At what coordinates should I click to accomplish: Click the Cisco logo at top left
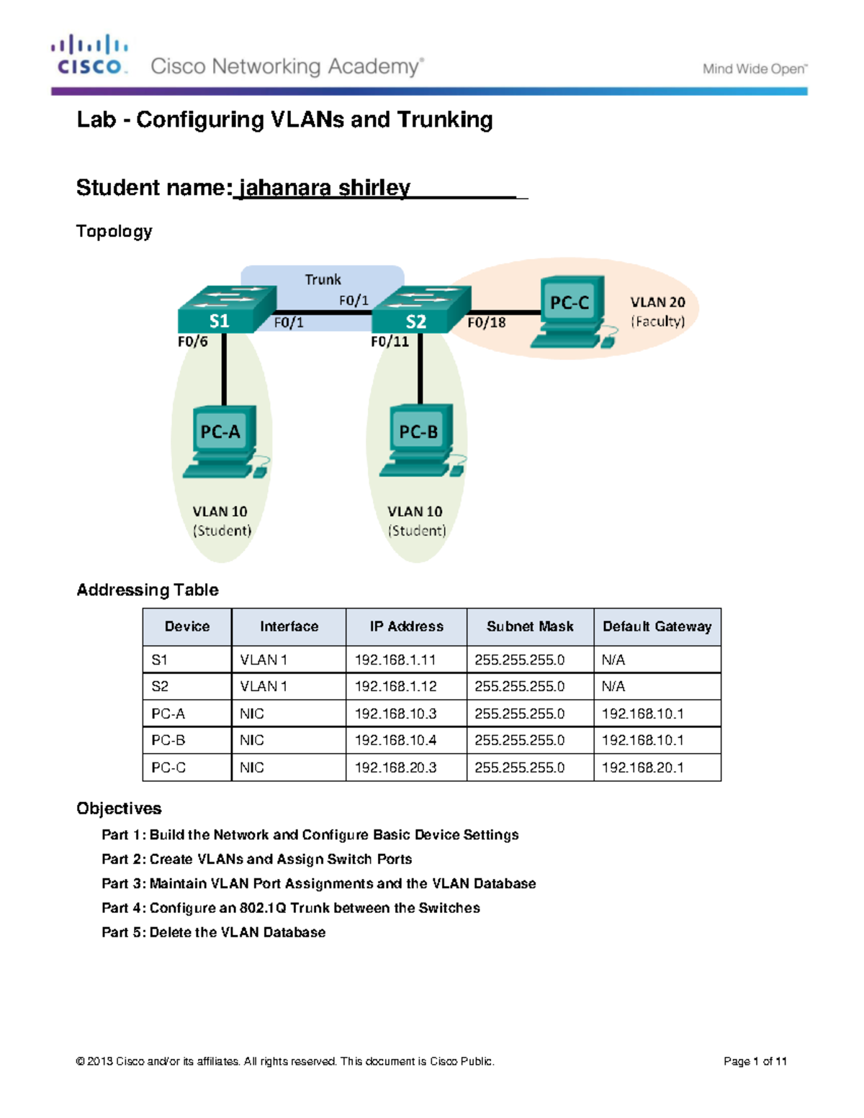pyautogui.click(x=89, y=55)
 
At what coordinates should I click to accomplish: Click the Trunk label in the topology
pyautogui.click(x=323, y=279)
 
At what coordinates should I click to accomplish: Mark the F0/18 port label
pyautogui.click(x=486, y=323)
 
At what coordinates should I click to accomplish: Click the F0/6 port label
pyautogui.click(x=193, y=341)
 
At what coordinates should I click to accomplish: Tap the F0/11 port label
pyautogui.click(x=390, y=341)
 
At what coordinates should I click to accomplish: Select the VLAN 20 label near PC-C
pyautogui.click(x=657, y=302)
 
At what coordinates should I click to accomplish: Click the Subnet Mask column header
pyautogui.click(x=530, y=626)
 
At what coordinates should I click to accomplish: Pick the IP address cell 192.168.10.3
pyautogui.click(x=395, y=713)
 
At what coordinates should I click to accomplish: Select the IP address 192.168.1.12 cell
pyautogui.click(x=395, y=686)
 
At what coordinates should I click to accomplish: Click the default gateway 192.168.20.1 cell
pyautogui.click(x=642, y=767)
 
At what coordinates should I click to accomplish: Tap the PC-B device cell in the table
pyautogui.click(x=168, y=740)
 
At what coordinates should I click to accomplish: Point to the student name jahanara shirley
pyautogui.click(x=324, y=188)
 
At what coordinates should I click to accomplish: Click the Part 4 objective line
pyautogui.click(x=290, y=908)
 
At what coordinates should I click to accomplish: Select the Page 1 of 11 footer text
pyautogui.click(x=755, y=1061)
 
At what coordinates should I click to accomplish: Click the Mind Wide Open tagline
pyautogui.click(x=755, y=69)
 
